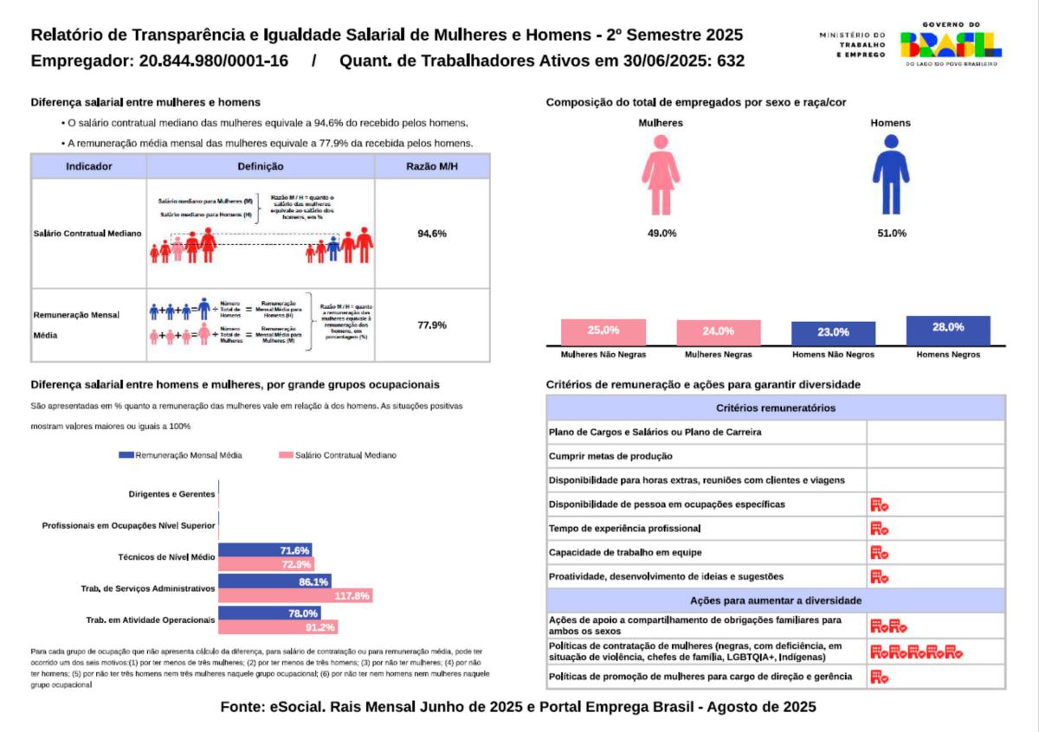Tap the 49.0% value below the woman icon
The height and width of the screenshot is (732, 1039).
pos(661,234)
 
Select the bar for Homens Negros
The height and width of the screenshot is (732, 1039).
pos(948,330)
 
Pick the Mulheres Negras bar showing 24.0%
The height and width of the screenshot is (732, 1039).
pos(719,332)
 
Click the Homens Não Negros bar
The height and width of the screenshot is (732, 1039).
pos(833,333)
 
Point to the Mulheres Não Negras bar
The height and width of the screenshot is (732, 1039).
pos(603,332)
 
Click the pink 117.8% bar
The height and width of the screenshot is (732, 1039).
pos(295,596)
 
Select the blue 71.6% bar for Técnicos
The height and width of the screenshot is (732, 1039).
pos(265,550)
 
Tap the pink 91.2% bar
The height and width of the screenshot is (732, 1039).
pos(278,627)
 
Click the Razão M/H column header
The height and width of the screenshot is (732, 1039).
pos(431,166)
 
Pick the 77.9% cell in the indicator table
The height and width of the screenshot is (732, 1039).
pos(431,325)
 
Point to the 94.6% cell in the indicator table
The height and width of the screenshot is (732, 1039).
pos(431,234)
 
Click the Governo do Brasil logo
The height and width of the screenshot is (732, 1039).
pos(950,44)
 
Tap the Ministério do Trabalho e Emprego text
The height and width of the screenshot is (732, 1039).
pos(852,44)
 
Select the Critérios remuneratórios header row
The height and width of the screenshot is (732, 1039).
pos(776,408)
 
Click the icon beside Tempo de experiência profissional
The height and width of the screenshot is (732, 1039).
pos(879,529)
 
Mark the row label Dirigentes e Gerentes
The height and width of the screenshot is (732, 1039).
pos(171,494)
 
